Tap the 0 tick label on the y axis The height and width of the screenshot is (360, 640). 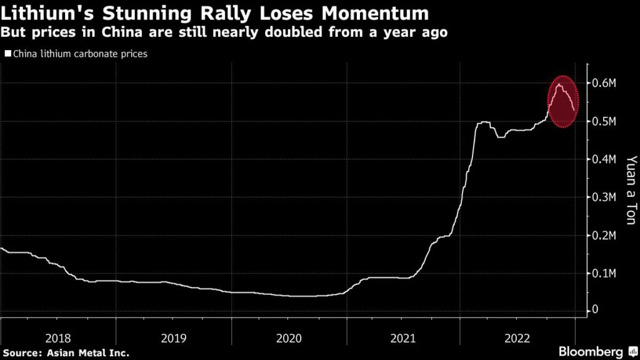point(595,309)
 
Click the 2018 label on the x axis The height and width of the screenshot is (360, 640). point(58,338)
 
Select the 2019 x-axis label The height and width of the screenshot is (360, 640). point(173,338)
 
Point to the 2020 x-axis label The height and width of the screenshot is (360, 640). point(288,338)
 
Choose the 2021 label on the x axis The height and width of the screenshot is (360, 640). point(403,338)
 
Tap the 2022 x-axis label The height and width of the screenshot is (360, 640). point(518,338)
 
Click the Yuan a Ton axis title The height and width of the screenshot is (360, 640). point(631,187)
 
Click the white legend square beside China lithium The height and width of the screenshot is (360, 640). point(7,54)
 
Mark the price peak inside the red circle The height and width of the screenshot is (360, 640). point(558,84)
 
